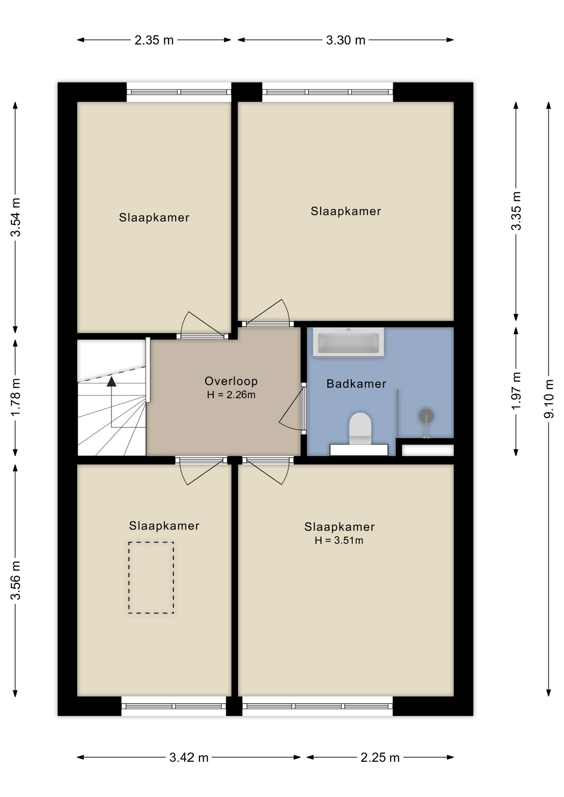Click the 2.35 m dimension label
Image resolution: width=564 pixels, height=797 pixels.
point(154,40)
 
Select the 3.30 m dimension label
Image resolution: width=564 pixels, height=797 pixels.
point(346,40)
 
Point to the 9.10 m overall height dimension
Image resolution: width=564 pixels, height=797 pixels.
point(549,398)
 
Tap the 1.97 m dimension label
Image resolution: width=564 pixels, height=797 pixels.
point(516,391)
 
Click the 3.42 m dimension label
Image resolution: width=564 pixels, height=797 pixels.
point(189,758)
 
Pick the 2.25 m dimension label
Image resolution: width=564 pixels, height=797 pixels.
point(380,758)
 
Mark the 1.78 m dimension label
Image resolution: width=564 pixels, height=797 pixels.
point(15,397)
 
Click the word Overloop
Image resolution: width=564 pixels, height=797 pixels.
point(231,381)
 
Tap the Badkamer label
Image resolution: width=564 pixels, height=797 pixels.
point(356,384)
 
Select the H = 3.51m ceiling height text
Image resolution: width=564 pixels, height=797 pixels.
point(339,540)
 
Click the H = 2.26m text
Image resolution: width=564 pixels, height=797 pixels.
point(231,395)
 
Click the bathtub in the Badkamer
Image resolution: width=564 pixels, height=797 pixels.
point(348,342)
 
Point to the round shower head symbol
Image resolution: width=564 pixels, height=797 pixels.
point(426,416)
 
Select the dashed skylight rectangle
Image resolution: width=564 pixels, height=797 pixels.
point(151,577)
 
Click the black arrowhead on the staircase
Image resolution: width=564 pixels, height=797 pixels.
point(111,381)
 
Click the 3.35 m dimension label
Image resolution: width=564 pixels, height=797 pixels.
point(516,211)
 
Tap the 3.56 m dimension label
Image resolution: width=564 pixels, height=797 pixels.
point(15,580)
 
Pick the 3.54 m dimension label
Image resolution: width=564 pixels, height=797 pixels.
point(15,218)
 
